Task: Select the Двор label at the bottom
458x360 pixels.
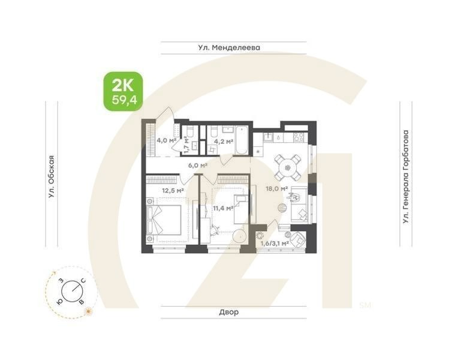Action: point(229,312)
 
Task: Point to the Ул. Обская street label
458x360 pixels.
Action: point(53,176)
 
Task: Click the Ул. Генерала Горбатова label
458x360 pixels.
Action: point(407,177)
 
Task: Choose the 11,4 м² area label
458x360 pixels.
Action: point(223,208)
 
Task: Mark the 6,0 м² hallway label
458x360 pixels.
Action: point(197,166)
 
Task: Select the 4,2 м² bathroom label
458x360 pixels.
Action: point(222,143)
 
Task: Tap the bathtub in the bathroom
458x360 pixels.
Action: point(242,139)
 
